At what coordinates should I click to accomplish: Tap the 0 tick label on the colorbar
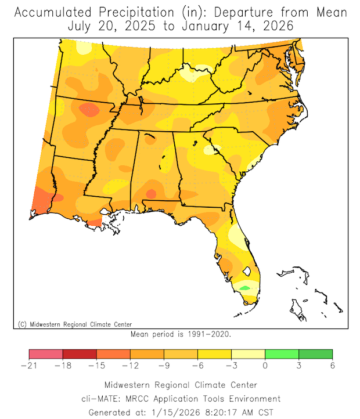265,366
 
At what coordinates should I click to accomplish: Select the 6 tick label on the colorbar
332,366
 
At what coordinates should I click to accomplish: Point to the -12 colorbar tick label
130,366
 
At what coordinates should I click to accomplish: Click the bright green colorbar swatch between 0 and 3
282,354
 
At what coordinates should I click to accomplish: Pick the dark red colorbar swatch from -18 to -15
80,354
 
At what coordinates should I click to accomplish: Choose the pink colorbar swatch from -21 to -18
46,354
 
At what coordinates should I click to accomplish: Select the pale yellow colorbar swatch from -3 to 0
248,354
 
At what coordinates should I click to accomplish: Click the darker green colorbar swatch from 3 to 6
315,354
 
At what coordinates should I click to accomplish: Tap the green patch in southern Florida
245,288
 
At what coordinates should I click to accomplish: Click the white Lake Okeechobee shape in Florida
246,270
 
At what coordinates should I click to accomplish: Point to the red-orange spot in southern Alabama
151,193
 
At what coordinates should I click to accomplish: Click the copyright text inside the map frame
75,324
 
